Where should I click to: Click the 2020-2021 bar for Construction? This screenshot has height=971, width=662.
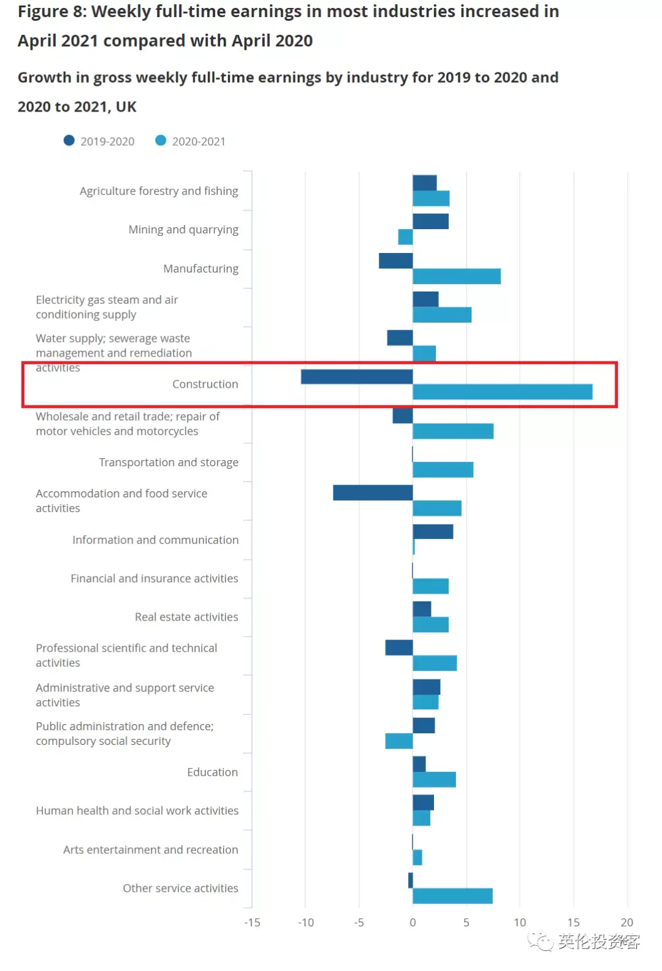pos(503,392)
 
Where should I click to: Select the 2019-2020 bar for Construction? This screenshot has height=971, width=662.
pos(357,377)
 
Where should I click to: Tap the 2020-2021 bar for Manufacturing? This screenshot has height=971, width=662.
pos(457,276)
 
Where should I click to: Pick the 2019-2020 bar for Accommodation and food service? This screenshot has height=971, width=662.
pos(373,493)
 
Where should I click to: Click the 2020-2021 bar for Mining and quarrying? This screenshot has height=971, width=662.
pos(405,237)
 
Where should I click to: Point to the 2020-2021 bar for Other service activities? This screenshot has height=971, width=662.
pos(452,896)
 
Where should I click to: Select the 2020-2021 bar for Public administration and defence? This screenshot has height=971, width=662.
pos(398,741)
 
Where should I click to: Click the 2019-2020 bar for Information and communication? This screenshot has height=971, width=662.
pos(433,532)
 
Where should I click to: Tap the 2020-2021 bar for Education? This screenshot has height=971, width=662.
pos(434,779)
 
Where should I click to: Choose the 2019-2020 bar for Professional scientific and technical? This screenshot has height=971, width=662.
pos(398,648)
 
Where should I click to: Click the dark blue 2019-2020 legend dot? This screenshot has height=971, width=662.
pos(69,141)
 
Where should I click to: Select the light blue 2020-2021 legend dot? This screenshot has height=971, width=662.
pos(161,141)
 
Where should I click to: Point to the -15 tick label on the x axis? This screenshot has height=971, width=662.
pos(252,923)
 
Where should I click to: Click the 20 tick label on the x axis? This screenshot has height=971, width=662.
pos(626,923)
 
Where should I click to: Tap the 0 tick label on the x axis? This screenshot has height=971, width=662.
pos(413,923)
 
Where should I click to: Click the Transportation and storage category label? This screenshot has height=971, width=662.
pos(169,463)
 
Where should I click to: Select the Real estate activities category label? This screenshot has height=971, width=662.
pos(186,617)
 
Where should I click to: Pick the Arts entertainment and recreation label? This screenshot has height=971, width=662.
pos(150,850)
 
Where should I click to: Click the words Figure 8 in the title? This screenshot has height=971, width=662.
pos(51,12)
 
